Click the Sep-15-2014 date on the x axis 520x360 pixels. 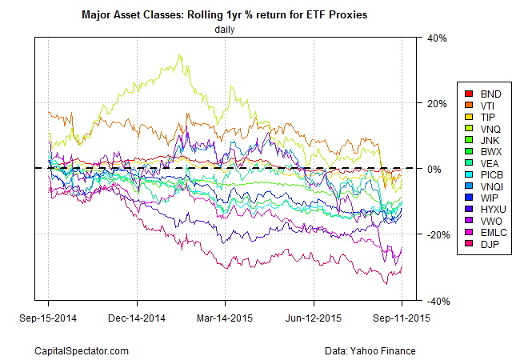(49, 315)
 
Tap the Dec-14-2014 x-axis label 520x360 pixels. (137, 315)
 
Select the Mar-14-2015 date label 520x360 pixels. (225, 315)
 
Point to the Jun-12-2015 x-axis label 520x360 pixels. (314, 315)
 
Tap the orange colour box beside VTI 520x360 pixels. (470, 105)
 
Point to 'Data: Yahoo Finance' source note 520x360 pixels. (372, 350)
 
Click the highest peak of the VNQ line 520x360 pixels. (179, 54)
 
